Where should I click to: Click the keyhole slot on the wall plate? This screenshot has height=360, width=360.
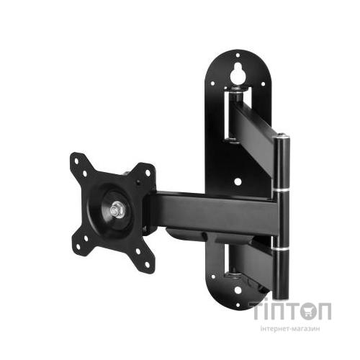point(237,74)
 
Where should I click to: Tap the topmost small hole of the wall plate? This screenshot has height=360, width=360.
point(238,55)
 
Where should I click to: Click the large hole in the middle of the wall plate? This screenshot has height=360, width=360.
point(238,181)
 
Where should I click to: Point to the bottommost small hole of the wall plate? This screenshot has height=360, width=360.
point(238,305)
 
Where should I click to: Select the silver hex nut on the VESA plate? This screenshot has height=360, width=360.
point(116,210)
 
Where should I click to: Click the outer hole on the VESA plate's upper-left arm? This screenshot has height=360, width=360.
point(76,161)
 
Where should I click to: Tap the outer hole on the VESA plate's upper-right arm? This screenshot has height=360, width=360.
point(148,173)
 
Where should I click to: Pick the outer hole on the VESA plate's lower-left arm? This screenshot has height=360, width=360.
point(78,246)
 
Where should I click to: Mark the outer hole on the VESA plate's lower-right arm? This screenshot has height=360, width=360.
point(147,264)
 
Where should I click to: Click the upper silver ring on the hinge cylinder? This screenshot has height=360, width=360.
point(282,190)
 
